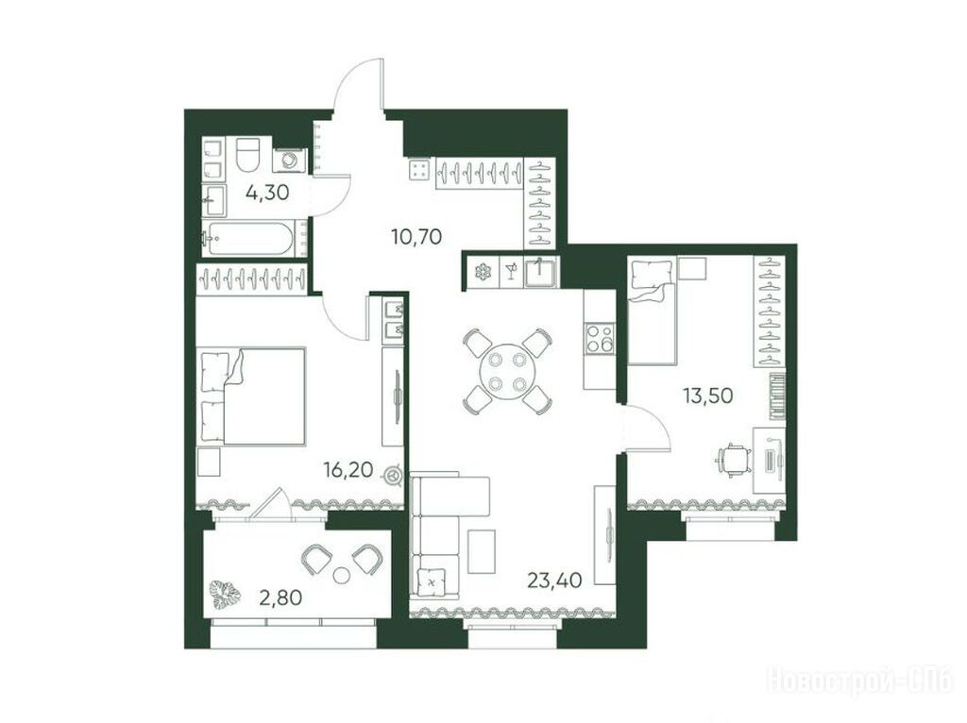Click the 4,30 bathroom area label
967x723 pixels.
pyautogui.click(x=267, y=193)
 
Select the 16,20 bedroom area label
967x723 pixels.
pyautogui.click(x=348, y=470)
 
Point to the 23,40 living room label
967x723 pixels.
pyautogui.click(x=554, y=580)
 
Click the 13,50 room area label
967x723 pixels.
pyautogui.click(x=707, y=395)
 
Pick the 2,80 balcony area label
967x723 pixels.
pyautogui.click(x=280, y=597)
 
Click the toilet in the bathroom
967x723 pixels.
pyautogui.click(x=248, y=155)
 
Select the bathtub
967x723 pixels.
pyautogui.click(x=248, y=238)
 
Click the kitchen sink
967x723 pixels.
pyautogui.click(x=540, y=272)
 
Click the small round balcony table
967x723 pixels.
pyautogui.click(x=341, y=575)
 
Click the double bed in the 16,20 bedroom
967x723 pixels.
pyautogui.click(x=253, y=395)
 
